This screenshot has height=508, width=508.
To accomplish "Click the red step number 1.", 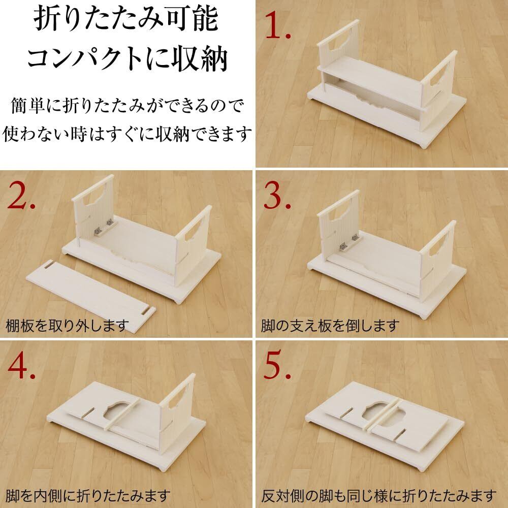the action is tap(277, 26).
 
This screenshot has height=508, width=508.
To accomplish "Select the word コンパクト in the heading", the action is tap(85, 58).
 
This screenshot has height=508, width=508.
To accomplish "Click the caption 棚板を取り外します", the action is tap(67, 325).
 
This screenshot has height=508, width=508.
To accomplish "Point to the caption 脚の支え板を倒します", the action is tap(330, 325).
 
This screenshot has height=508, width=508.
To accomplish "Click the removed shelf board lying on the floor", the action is tap(91, 296).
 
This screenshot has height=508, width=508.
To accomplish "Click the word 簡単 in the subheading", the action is tap(27, 106).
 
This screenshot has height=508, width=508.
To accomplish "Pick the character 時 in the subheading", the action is tap(79, 134).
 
